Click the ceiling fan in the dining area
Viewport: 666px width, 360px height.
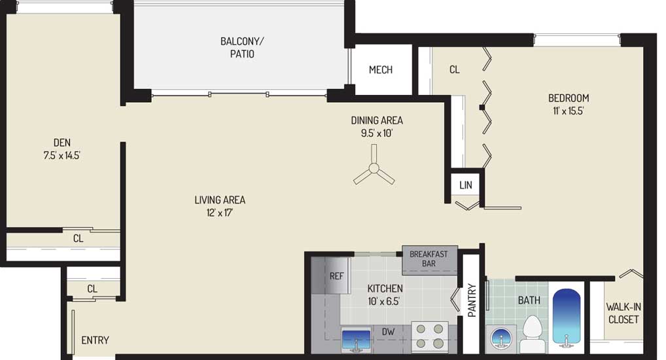tap(374, 169)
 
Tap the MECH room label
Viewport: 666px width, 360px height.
tap(381, 69)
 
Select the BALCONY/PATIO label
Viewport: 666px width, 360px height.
tap(242, 48)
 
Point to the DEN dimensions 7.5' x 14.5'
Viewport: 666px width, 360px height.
tap(62, 156)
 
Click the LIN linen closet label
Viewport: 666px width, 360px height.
tap(466, 185)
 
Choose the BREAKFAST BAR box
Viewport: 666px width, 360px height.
tap(430, 260)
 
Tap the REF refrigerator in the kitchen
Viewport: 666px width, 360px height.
tap(331, 276)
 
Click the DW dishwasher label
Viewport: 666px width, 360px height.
tap(388, 331)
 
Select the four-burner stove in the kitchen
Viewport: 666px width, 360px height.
tap(429, 336)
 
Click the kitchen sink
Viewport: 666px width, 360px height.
tap(356, 340)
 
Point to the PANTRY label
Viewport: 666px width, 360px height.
tap(472, 300)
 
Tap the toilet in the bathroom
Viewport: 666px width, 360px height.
tap(533, 334)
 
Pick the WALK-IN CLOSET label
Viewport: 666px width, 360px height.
tap(623, 313)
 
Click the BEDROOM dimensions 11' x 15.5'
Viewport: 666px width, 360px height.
tap(569, 111)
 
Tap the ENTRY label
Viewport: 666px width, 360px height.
tap(95, 340)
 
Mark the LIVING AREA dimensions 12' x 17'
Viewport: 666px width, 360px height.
tap(220, 213)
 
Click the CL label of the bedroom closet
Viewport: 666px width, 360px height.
tap(455, 69)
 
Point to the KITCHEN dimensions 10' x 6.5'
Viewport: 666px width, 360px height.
tap(383, 301)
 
